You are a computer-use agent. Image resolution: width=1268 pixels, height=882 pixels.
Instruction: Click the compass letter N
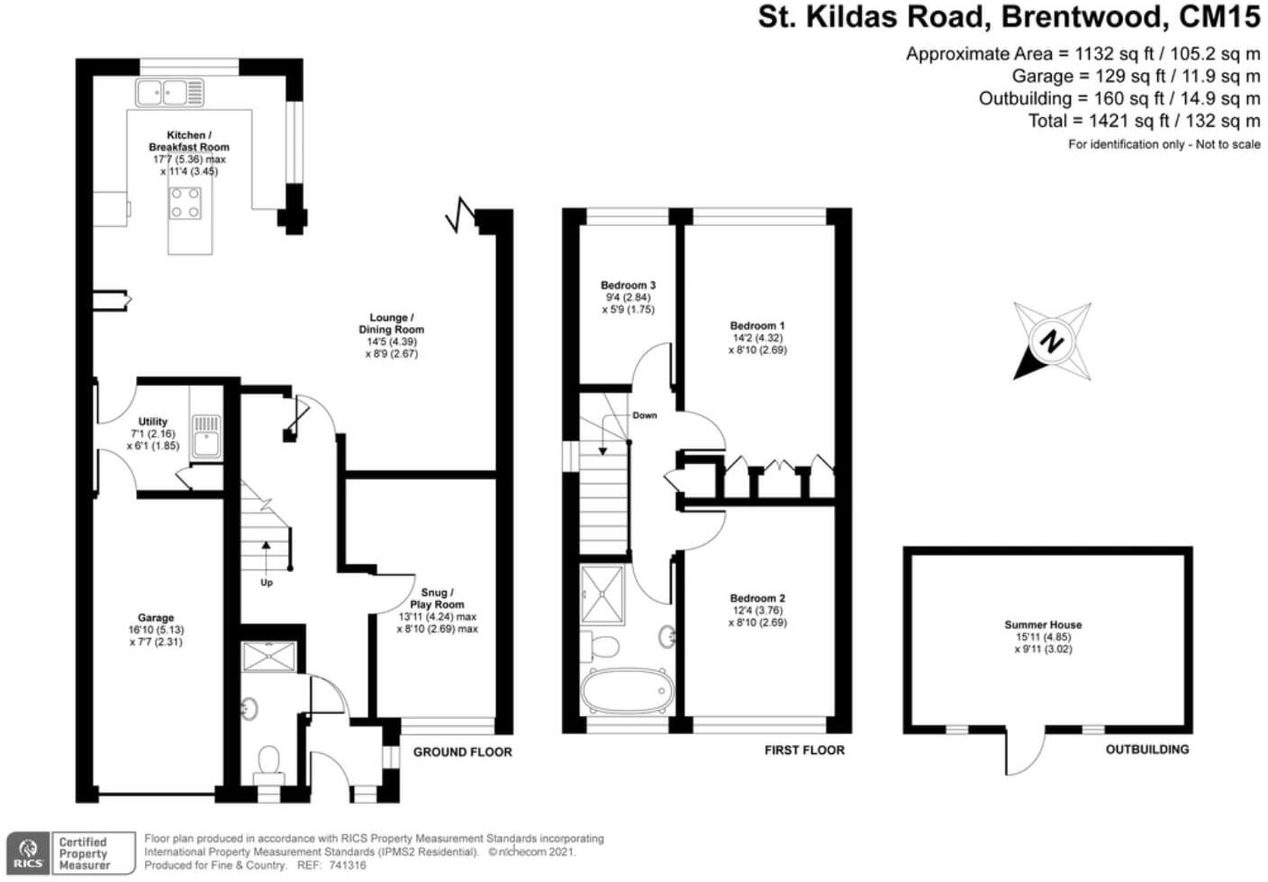[x=1052, y=341]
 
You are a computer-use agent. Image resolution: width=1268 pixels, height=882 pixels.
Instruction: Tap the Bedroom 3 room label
[x=629, y=286]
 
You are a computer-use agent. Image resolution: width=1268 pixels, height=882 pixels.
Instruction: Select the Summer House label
[x=1043, y=625]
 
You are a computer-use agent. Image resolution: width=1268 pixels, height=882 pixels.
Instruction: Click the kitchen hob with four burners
[x=186, y=203]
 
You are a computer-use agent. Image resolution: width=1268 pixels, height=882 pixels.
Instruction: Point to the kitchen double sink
[x=169, y=92]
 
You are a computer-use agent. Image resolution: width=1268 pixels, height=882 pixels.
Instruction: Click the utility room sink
[x=206, y=436]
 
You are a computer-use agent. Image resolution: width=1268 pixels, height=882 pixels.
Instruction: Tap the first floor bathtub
[x=627, y=691]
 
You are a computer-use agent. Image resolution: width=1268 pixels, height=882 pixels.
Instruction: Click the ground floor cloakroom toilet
[x=269, y=764]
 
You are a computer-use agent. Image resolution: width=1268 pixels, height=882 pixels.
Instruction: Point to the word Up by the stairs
[x=267, y=583]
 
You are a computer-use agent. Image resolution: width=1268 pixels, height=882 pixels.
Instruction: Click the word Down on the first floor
[x=645, y=415]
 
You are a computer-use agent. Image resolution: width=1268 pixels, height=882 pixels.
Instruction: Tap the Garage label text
[x=156, y=618]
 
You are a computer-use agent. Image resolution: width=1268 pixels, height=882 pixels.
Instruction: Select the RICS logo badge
[x=28, y=853]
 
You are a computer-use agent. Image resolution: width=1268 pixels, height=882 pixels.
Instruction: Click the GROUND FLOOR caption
[x=463, y=752]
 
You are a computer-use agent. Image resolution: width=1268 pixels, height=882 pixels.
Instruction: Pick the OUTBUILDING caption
[x=1147, y=750]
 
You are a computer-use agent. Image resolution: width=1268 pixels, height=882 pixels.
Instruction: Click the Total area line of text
[x=1145, y=121]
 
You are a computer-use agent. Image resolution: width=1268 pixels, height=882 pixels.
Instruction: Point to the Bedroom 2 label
[x=757, y=598]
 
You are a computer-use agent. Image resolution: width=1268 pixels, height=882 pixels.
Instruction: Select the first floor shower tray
[x=602, y=595]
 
